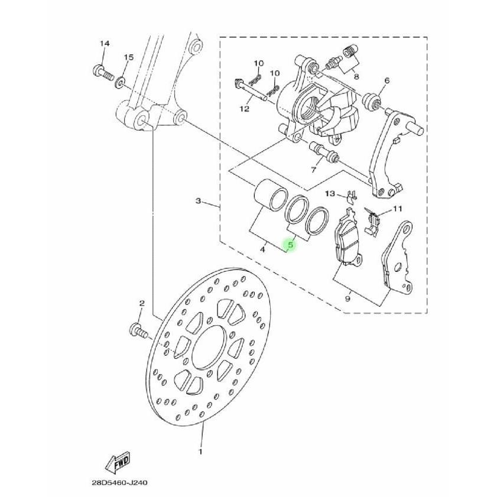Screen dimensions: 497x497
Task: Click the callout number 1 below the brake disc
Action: [200, 451]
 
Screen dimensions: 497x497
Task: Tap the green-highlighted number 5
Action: [290, 242]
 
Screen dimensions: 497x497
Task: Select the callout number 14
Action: [105, 44]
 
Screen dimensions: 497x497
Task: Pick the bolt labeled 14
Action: [103, 73]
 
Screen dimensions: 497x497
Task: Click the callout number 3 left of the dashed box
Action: [199, 202]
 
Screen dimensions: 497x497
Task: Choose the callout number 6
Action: [387, 80]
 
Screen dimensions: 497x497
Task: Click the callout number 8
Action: [356, 76]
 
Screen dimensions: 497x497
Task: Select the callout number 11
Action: [397, 209]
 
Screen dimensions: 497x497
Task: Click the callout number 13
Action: [330, 193]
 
